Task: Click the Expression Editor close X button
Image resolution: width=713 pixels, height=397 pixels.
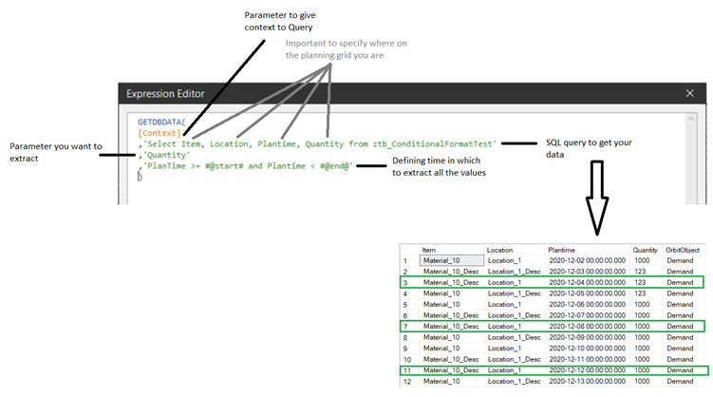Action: coord(690,93)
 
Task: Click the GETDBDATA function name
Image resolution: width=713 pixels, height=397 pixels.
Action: coord(159,122)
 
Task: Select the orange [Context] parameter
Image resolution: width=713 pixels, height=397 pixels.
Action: coord(159,133)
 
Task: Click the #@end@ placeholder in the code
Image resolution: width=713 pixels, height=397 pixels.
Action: coord(334,166)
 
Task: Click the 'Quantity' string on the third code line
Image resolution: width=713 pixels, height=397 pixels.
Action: coord(166,155)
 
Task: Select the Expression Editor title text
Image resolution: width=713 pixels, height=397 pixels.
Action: coord(165,94)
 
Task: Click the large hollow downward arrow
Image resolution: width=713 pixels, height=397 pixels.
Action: coord(596,198)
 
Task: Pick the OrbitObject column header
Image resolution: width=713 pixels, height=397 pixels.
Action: coord(683,250)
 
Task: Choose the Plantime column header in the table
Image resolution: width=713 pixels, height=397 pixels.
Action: coord(562,250)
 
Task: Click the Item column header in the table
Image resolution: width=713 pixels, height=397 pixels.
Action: coord(428,250)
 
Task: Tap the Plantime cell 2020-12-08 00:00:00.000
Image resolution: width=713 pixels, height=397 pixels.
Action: coord(587,327)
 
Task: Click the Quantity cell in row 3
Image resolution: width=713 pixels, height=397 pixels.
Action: coord(640,282)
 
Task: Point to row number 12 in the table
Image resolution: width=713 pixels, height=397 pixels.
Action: coord(407,382)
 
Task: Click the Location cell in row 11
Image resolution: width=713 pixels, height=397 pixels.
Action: coord(504,370)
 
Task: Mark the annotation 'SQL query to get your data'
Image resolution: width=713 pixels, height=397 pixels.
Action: coord(589,148)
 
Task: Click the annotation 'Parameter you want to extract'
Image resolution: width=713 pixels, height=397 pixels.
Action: coord(56,152)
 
